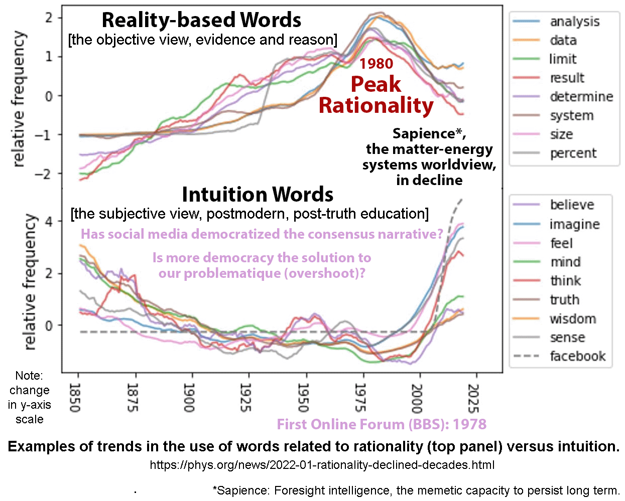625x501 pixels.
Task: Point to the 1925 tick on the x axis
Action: pos(245,398)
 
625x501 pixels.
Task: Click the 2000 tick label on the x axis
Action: pos(417,398)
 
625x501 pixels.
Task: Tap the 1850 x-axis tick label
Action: pos(75,398)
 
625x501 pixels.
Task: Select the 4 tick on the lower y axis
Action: pos(49,222)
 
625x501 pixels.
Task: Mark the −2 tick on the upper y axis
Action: pos(46,174)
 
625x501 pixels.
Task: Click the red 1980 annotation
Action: pos(376,64)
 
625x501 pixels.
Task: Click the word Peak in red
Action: pos(376,84)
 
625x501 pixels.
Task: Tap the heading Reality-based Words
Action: pos(201,20)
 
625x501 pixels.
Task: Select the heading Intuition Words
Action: pos(258,194)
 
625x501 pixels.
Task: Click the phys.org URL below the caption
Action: pos(322,465)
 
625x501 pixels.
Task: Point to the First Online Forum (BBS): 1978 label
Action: pos(382,424)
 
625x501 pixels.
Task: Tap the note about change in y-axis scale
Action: pos(29,397)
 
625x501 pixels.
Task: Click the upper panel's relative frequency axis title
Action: pos(19,99)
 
